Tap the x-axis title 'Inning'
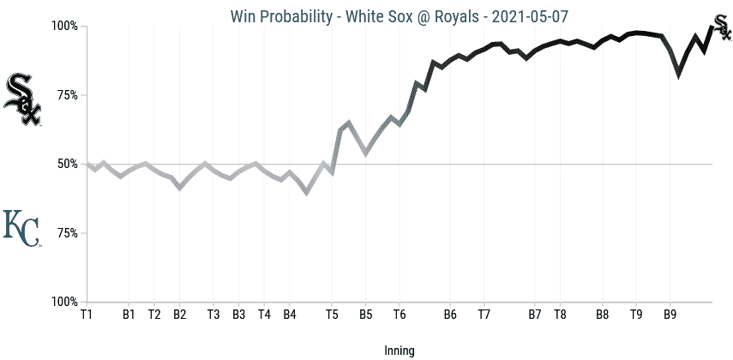click(400, 351)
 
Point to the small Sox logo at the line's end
click(723, 27)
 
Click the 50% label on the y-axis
click(67, 164)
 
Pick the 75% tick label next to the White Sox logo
click(67, 95)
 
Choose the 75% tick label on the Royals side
click(67, 233)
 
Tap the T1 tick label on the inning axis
click(87, 315)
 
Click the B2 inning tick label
click(179, 315)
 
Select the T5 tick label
click(332, 315)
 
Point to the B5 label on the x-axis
click(365, 315)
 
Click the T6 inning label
click(400, 315)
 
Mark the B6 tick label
click(450, 315)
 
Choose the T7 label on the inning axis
click(484, 315)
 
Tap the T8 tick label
click(560, 315)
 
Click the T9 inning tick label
click(636, 315)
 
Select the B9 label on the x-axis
click(670, 315)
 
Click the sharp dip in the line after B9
click(679, 75)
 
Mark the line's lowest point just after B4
click(307, 193)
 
